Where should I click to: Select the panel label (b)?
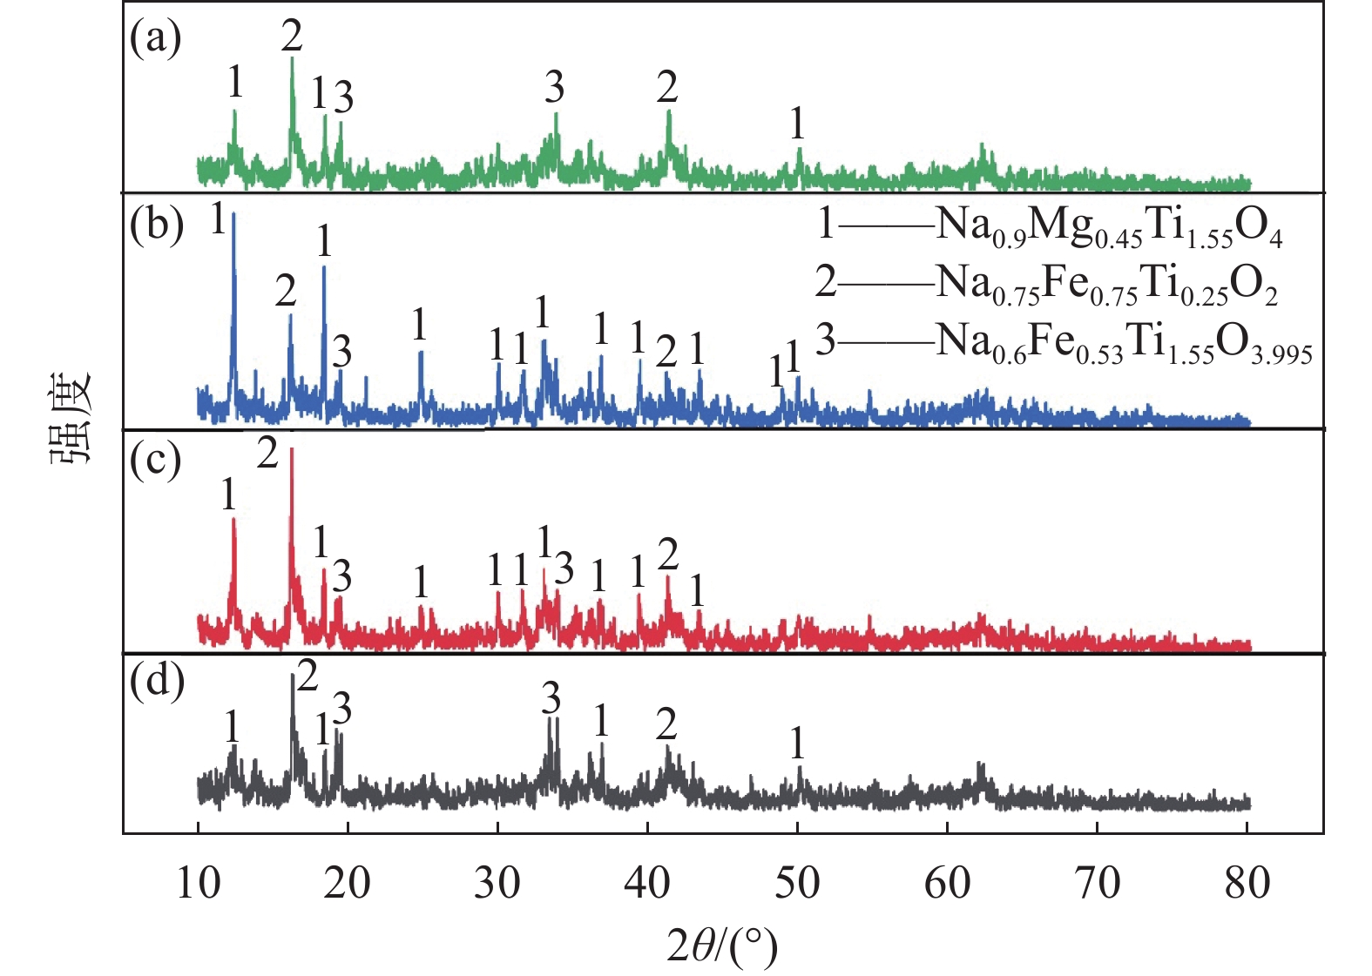(x=156, y=225)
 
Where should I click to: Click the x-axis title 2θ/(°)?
(x=721, y=946)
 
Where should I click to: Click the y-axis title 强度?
(x=72, y=416)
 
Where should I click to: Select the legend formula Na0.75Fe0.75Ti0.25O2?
(x=1106, y=284)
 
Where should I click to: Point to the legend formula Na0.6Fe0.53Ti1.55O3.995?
(x=1124, y=342)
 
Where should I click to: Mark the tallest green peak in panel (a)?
(x=292, y=59)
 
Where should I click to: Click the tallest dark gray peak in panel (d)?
(x=291, y=676)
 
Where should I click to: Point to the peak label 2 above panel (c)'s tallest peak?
(x=267, y=453)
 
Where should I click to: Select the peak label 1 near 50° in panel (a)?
(x=797, y=123)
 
